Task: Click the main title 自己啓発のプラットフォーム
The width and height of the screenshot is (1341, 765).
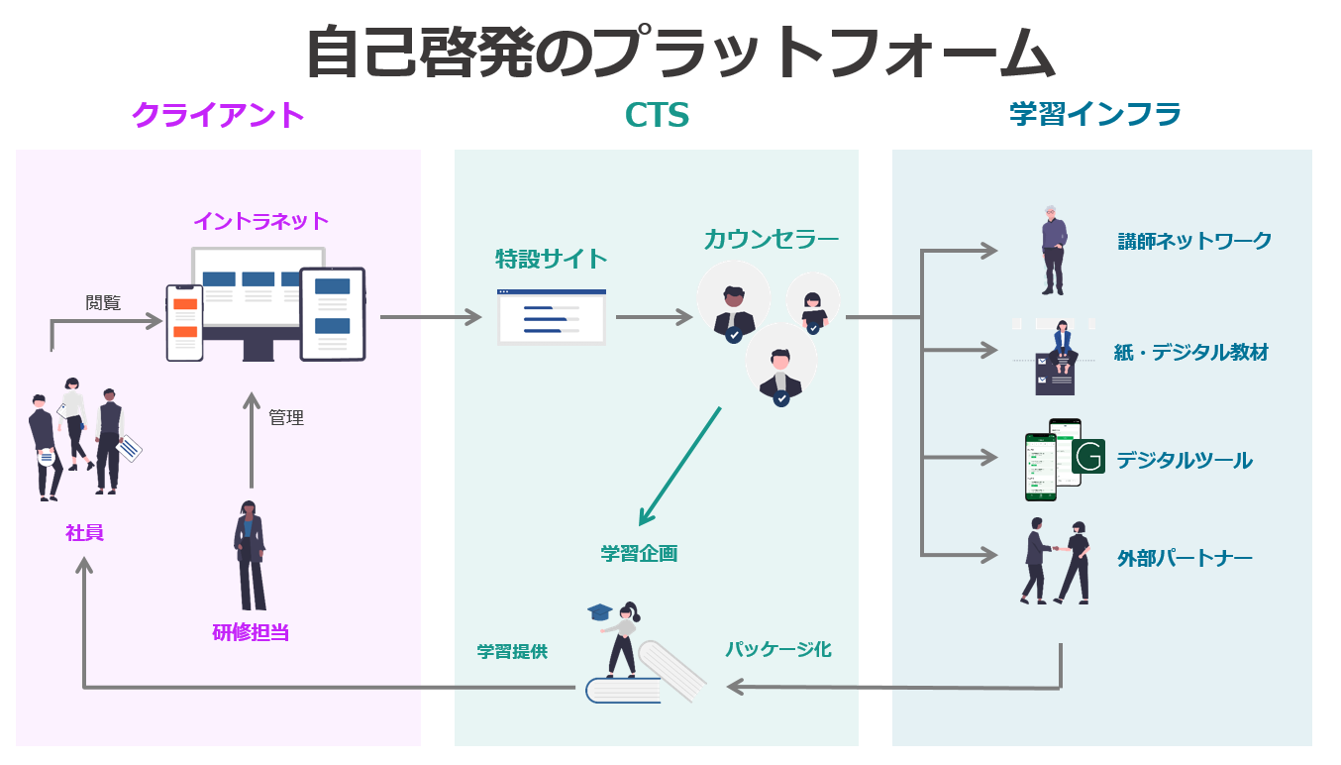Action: click(679, 52)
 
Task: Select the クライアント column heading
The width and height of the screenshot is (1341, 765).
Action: click(217, 115)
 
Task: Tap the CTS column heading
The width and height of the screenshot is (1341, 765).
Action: click(657, 116)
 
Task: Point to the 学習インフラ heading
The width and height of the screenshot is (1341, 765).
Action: click(1095, 115)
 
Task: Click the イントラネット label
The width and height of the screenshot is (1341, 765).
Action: click(260, 220)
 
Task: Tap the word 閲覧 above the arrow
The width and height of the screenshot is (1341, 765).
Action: click(103, 303)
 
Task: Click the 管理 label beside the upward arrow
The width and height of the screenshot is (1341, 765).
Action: click(286, 418)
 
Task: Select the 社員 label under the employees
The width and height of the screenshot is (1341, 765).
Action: click(84, 533)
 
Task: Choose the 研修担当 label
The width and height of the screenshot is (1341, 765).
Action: click(251, 632)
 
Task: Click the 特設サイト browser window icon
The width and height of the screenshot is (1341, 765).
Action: click(552, 317)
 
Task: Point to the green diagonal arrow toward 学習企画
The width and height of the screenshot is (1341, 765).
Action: click(679, 466)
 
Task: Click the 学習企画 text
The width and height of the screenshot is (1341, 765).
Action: click(639, 554)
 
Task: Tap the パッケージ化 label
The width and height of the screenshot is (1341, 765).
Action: click(777, 650)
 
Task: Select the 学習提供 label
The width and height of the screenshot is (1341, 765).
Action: click(512, 651)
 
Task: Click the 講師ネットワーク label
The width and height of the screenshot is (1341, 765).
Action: click(1194, 241)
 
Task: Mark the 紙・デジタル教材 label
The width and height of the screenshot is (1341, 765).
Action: click(1190, 353)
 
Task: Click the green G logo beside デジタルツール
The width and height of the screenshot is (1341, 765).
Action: click(1088, 457)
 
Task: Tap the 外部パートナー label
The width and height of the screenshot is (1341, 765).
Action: click(1185, 558)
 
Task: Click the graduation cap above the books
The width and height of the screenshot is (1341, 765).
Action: click(599, 612)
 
